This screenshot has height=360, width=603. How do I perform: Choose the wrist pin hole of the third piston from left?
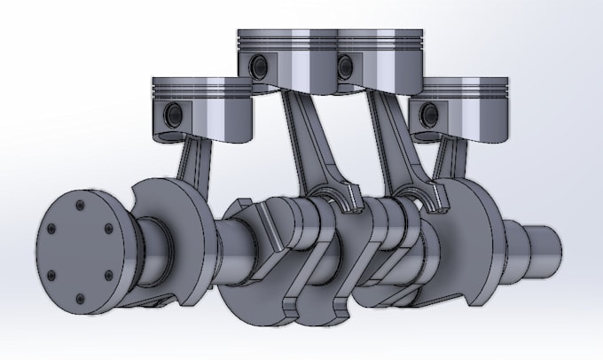(344, 64)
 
